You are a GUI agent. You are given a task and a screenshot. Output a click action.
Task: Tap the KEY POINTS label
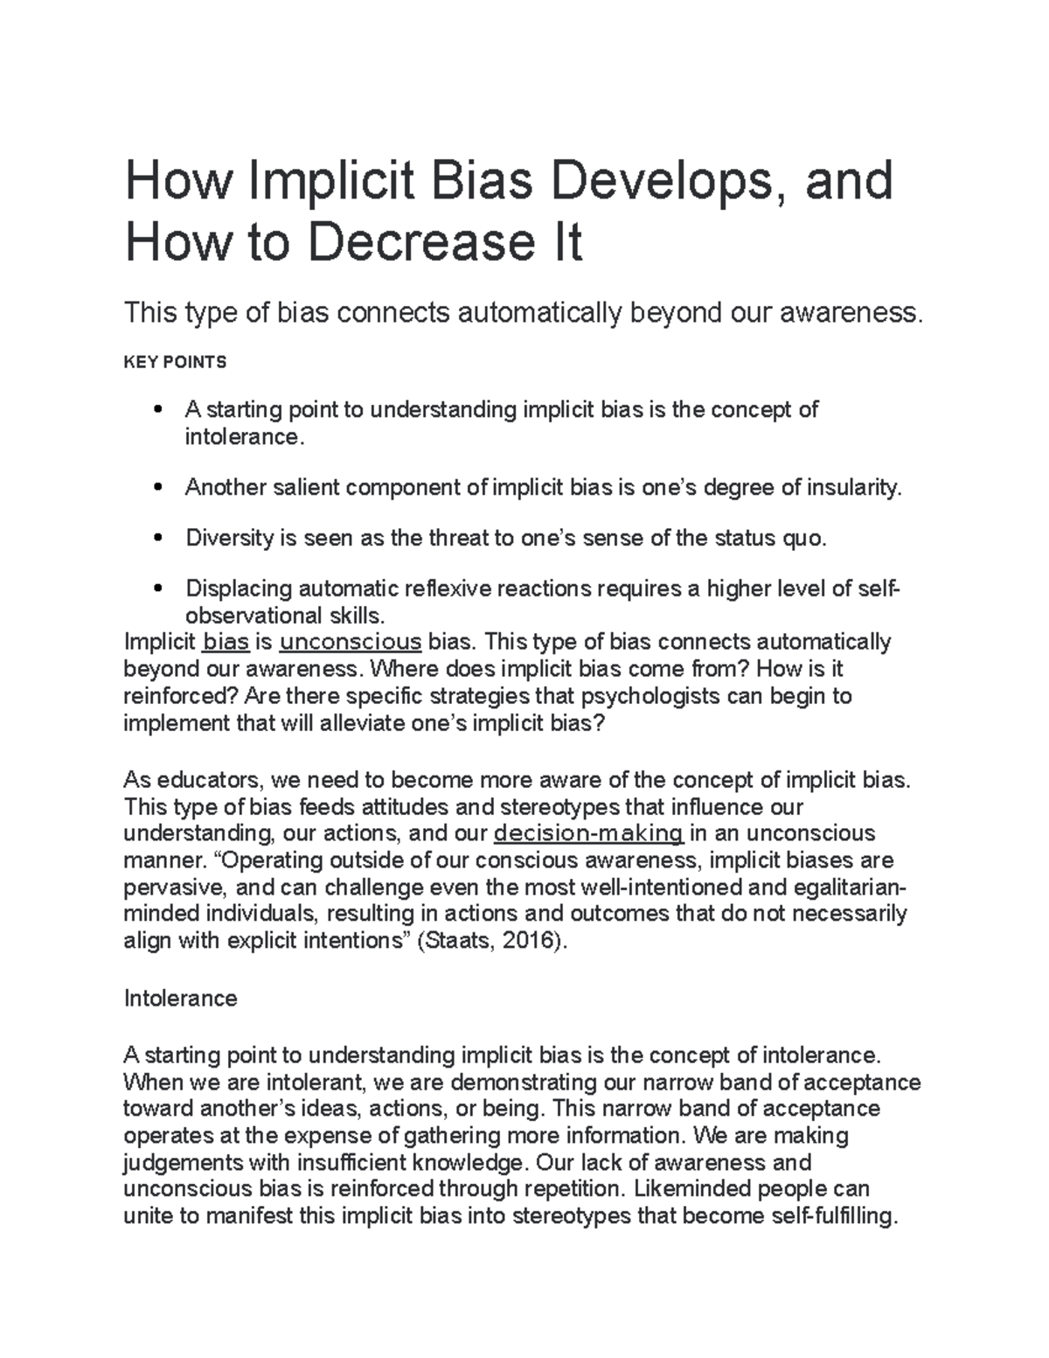pos(175,362)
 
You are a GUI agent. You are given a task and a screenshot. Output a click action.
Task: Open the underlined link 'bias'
pos(226,643)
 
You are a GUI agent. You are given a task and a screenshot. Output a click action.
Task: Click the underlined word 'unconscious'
pos(350,643)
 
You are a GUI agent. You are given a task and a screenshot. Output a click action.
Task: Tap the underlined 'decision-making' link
pos(588,832)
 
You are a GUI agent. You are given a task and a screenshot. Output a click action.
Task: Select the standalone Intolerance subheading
pos(181,999)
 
